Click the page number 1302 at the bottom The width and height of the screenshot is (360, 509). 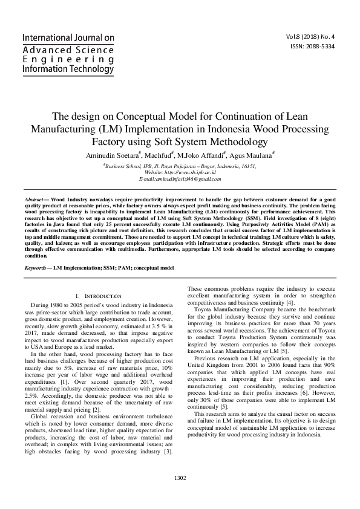click(180, 478)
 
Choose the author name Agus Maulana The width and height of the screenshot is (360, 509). click(252, 155)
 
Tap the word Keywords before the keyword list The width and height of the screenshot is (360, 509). click(37, 267)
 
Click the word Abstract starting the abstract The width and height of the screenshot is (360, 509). click(36, 199)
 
